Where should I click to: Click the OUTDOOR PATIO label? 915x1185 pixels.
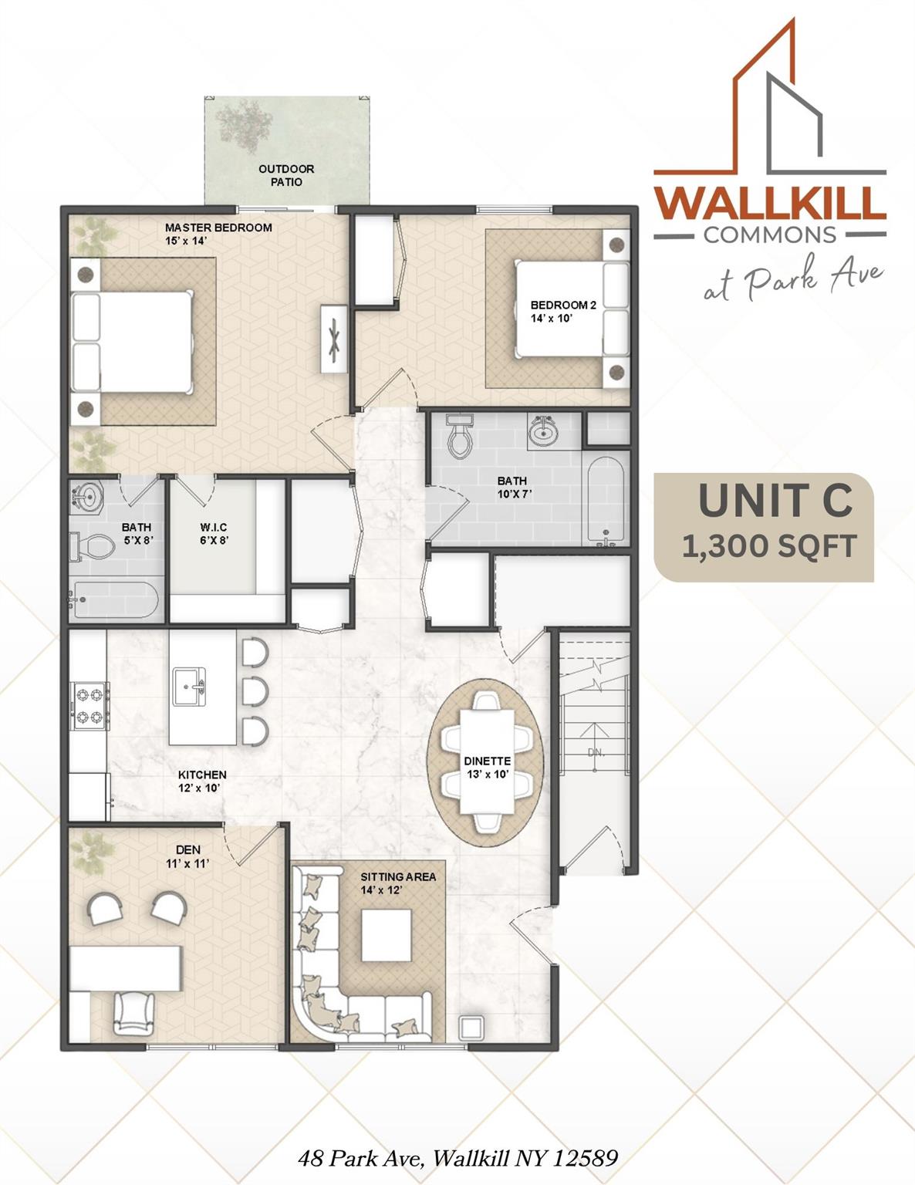tap(286, 175)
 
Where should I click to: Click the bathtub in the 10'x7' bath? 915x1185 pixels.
tap(604, 500)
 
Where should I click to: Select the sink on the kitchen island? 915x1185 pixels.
tap(190, 687)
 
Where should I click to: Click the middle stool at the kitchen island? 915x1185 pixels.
tap(254, 689)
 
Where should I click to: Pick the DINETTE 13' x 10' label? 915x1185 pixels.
tap(487, 767)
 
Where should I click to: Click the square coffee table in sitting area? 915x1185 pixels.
tap(387, 935)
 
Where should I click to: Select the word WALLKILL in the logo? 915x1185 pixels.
tap(769, 203)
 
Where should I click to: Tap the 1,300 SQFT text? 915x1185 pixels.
tap(769, 546)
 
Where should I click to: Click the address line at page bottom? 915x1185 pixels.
tap(457, 1158)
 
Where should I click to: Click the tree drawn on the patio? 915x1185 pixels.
tap(244, 125)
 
